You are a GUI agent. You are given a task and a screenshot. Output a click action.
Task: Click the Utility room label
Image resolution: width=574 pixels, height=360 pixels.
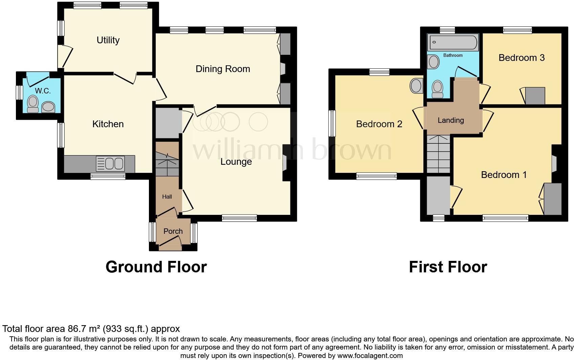[108, 40]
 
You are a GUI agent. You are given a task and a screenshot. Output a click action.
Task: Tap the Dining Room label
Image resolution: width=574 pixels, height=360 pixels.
[223, 69]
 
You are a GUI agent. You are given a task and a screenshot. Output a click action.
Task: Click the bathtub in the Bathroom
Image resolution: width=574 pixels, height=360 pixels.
[453, 43]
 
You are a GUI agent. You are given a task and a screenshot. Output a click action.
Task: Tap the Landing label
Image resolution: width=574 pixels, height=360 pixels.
[450, 120]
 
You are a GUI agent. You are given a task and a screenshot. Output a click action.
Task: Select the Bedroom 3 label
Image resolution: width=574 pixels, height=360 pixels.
[522, 58]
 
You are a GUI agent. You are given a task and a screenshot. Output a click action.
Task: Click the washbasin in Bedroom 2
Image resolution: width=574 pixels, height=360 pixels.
[416, 86]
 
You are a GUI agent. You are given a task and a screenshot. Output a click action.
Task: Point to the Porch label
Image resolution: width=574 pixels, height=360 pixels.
[173, 231]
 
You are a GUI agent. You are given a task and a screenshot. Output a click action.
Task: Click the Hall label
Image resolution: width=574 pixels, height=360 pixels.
[167, 197]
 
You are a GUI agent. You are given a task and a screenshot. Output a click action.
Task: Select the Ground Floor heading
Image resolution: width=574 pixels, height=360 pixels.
[156, 267]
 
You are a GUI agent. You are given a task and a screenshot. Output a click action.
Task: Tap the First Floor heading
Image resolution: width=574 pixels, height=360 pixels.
[448, 267]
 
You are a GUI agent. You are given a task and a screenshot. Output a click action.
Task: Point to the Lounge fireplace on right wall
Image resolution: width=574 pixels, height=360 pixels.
[285, 163]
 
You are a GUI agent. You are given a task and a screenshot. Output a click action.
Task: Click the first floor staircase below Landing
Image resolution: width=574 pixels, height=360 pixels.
[438, 154]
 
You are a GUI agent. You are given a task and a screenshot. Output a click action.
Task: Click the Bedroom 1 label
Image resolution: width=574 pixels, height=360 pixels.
[504, 175]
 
